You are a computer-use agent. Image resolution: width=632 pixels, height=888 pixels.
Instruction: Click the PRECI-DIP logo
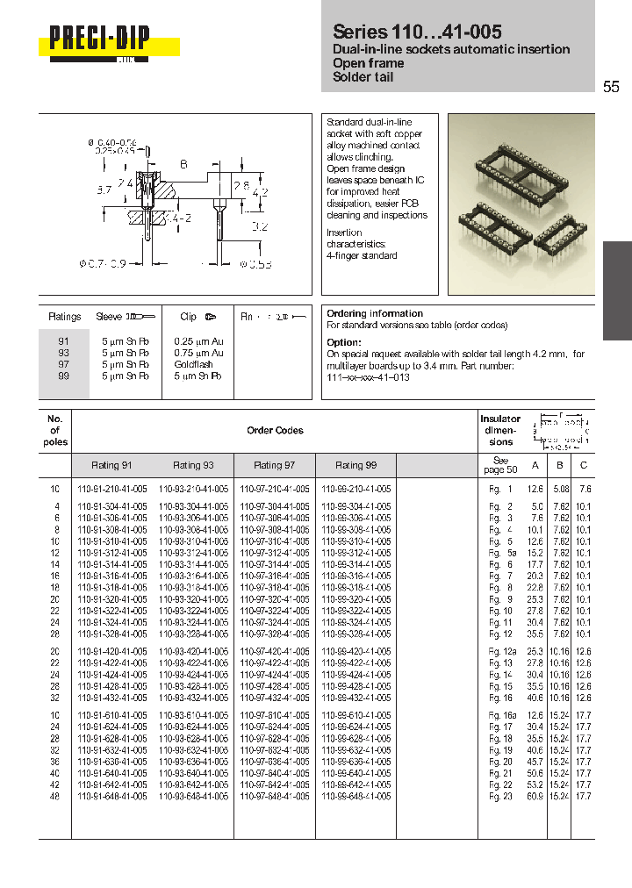(x=99, y=39)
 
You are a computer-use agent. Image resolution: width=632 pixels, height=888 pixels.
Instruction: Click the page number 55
(x=611, y=87)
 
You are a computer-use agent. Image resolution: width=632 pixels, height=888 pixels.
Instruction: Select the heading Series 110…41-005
(x=417, y=32)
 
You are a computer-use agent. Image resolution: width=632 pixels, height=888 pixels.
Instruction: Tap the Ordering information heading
(x=375, y=313)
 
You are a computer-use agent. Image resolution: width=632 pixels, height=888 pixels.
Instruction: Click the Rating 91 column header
(x=112, y=465)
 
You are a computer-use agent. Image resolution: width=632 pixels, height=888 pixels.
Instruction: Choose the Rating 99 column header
(x=356, y=465)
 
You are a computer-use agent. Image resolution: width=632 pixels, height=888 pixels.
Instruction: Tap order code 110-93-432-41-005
(x=193, y=698)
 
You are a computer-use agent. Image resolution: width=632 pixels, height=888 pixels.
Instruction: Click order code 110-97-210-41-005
(x=275, y=488)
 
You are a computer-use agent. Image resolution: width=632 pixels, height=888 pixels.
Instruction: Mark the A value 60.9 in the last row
(x=535, y=796)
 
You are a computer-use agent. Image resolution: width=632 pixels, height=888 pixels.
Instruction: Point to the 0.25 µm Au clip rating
(x=198, y=341)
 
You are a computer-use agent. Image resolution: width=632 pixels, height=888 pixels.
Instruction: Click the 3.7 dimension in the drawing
(x=101, y=189)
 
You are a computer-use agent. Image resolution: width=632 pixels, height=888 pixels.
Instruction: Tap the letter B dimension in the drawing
(x=183, y=164)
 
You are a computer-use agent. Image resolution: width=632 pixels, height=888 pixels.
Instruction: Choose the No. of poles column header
(x=54, y=431)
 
